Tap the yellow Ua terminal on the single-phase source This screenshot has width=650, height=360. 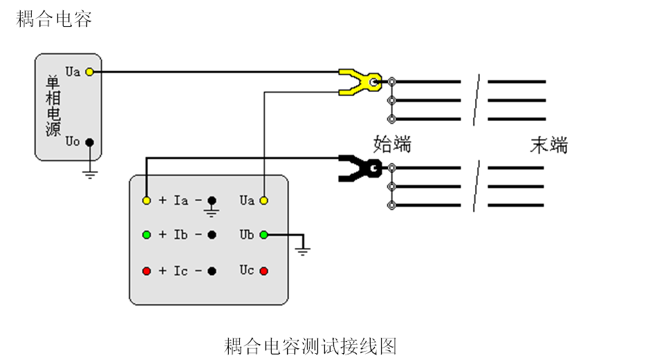coord(89,71)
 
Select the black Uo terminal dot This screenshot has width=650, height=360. coord(89,142)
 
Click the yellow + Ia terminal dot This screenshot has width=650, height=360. coord(147,200)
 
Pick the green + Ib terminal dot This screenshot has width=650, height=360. coord(147,235)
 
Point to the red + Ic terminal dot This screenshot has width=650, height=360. coord(147,271)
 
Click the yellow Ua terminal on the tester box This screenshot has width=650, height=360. coord(264,200)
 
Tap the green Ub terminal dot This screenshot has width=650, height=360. coord(264,235)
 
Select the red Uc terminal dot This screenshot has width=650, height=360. coord(264,271)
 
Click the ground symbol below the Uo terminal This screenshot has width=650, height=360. coord(89,172)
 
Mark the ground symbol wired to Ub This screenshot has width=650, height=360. coord(302,249)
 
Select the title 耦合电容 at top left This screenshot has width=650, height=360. coord(54,19)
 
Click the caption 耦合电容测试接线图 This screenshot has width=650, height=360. coord(310,345)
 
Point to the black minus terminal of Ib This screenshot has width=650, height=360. coord(212,235)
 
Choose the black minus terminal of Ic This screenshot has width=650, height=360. coord(212,271)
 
